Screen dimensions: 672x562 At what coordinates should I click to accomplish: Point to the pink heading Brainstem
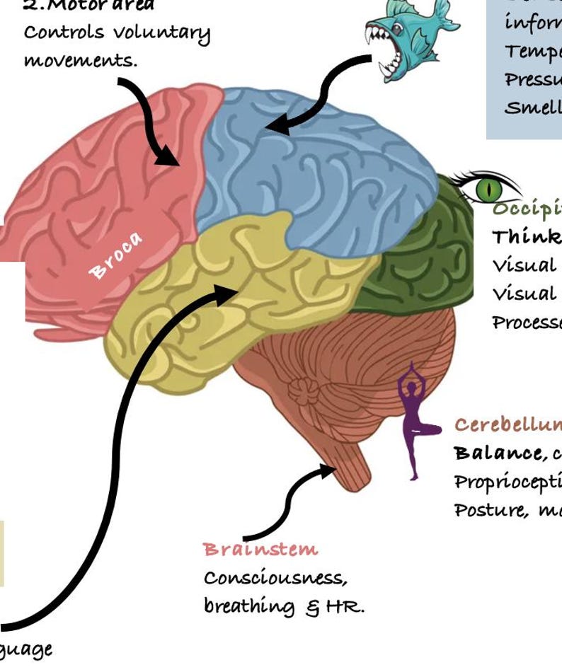pos(260,550)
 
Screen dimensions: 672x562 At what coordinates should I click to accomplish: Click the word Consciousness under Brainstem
pos(275,578)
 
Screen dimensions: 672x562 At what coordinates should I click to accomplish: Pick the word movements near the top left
pos(80,60)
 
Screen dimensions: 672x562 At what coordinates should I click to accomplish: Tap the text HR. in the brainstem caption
pos(345,608)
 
